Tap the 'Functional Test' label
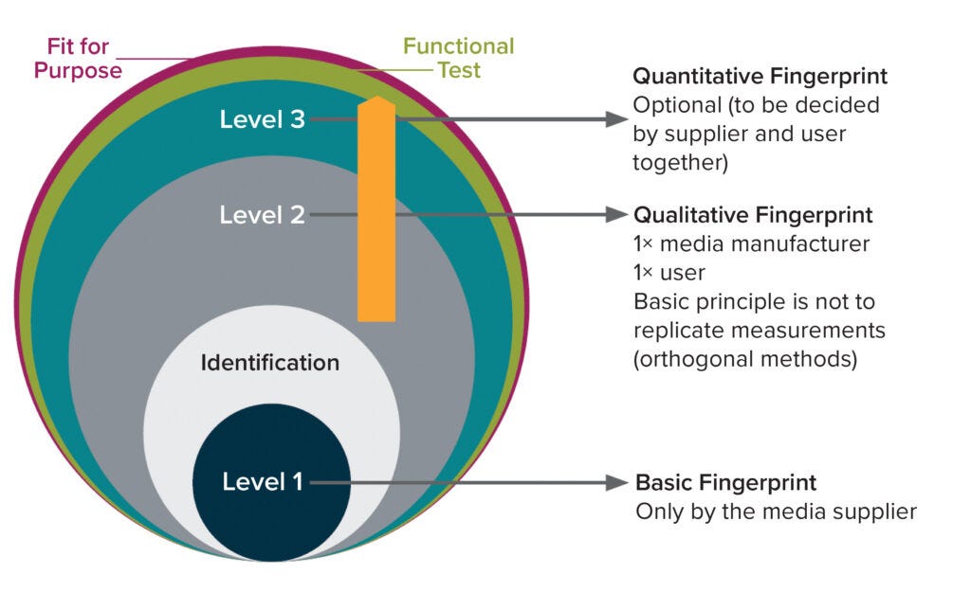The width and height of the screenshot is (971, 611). click(x=458, y=58)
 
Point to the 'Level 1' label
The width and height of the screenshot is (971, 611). click(x=263, y=482)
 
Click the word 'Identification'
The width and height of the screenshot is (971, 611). click(x=269, y=363)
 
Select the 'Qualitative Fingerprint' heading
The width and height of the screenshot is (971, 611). click(x=753, y=215)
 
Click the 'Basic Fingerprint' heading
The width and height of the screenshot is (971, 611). click(x=725, y=483)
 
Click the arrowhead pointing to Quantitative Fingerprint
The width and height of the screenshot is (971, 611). click(x=617, y=120)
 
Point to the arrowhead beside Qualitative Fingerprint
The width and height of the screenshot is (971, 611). click(x=617, y=215)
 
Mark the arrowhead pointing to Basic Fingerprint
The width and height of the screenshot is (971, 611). click(x=617, y=482)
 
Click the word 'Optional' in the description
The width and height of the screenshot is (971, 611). click(x=672, y=104)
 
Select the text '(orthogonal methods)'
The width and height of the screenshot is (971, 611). click(x=745, y=360)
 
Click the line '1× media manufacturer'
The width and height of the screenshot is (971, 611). click(x=751, y=244)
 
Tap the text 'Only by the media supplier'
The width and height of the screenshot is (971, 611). click(x=776, y=512)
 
